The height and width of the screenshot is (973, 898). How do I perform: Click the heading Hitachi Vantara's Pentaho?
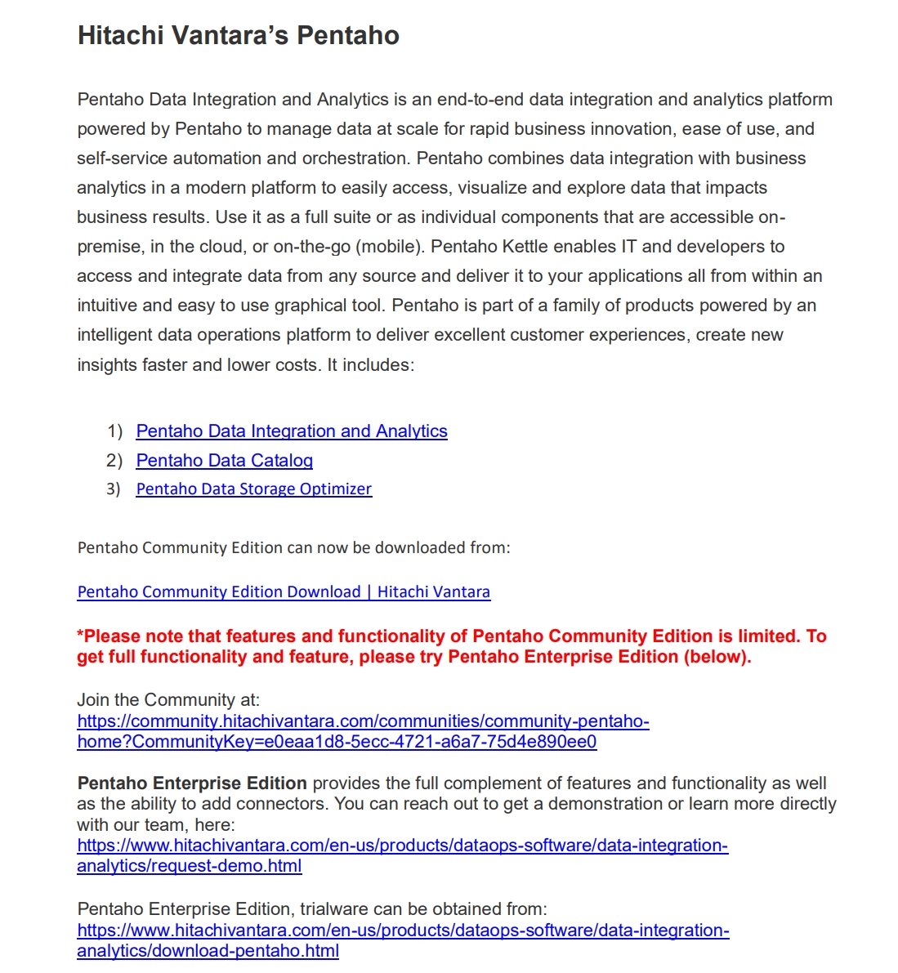[x=238, y=36]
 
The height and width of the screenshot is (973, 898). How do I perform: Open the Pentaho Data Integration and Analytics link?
[x=292, y=431]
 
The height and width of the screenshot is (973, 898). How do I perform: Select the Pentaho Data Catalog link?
[x=224, y=461]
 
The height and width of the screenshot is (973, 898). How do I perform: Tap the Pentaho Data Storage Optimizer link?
[x=253, y=489]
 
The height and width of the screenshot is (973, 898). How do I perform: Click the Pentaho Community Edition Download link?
[x=284, y=592]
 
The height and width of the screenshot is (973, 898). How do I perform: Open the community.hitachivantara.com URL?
[x=363, y=721]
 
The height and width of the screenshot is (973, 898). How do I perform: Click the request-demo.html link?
[x=190, y=866]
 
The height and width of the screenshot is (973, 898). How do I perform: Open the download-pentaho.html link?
[x=208, y=951]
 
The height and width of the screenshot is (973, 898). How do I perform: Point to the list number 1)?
[x=114, y=431]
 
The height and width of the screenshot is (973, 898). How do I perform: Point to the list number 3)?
[x=114, y=489]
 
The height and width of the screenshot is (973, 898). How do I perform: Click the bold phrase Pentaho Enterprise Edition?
[x=192, y=783]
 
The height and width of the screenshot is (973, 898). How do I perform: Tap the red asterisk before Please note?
[x=80, y=636]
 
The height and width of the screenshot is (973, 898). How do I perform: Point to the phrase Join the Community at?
[x=168, y=700]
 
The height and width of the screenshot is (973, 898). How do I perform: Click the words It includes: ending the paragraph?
[x=370, y=365]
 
